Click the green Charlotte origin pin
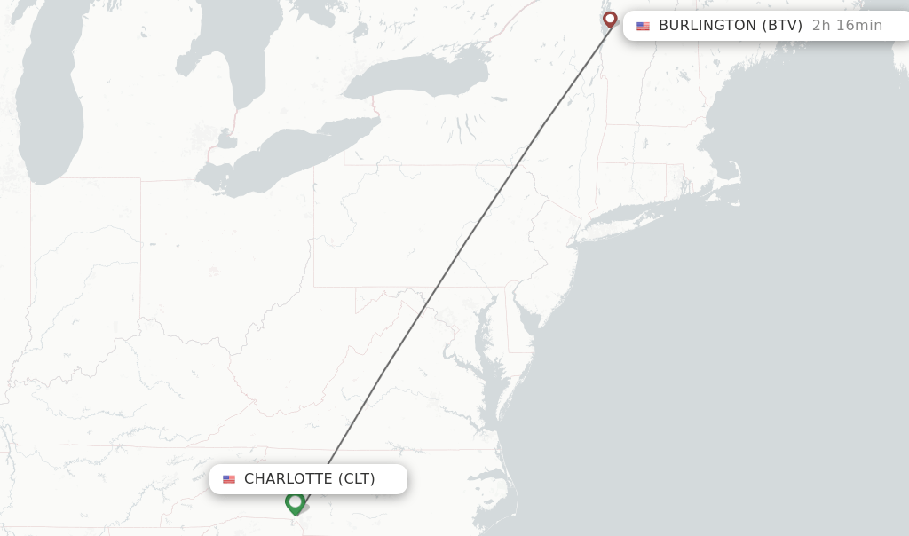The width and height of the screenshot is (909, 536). pyautogui.click(x=296, y=503)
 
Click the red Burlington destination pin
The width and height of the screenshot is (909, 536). pyautogui.click(x=610, y=19)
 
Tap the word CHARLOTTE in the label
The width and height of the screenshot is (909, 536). pyautogui.click(x=289, y=479)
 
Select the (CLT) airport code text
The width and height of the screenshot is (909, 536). pyautogui.click(x=357, y=479)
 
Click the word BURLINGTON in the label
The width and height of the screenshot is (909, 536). pyautogui.click(x=707, y=26)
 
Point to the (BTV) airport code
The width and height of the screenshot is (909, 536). pyautogui.click(x=782, y=26)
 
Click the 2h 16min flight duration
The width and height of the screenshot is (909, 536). pyautogui.click(x=847, y=26)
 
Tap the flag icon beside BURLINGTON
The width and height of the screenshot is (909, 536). pyautogui.click(x=643, y=27)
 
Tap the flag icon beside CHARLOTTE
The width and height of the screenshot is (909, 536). pyautogui.click(x=229, y=480)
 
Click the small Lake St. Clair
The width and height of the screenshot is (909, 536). pyautogui.click(x=225, y=139)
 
